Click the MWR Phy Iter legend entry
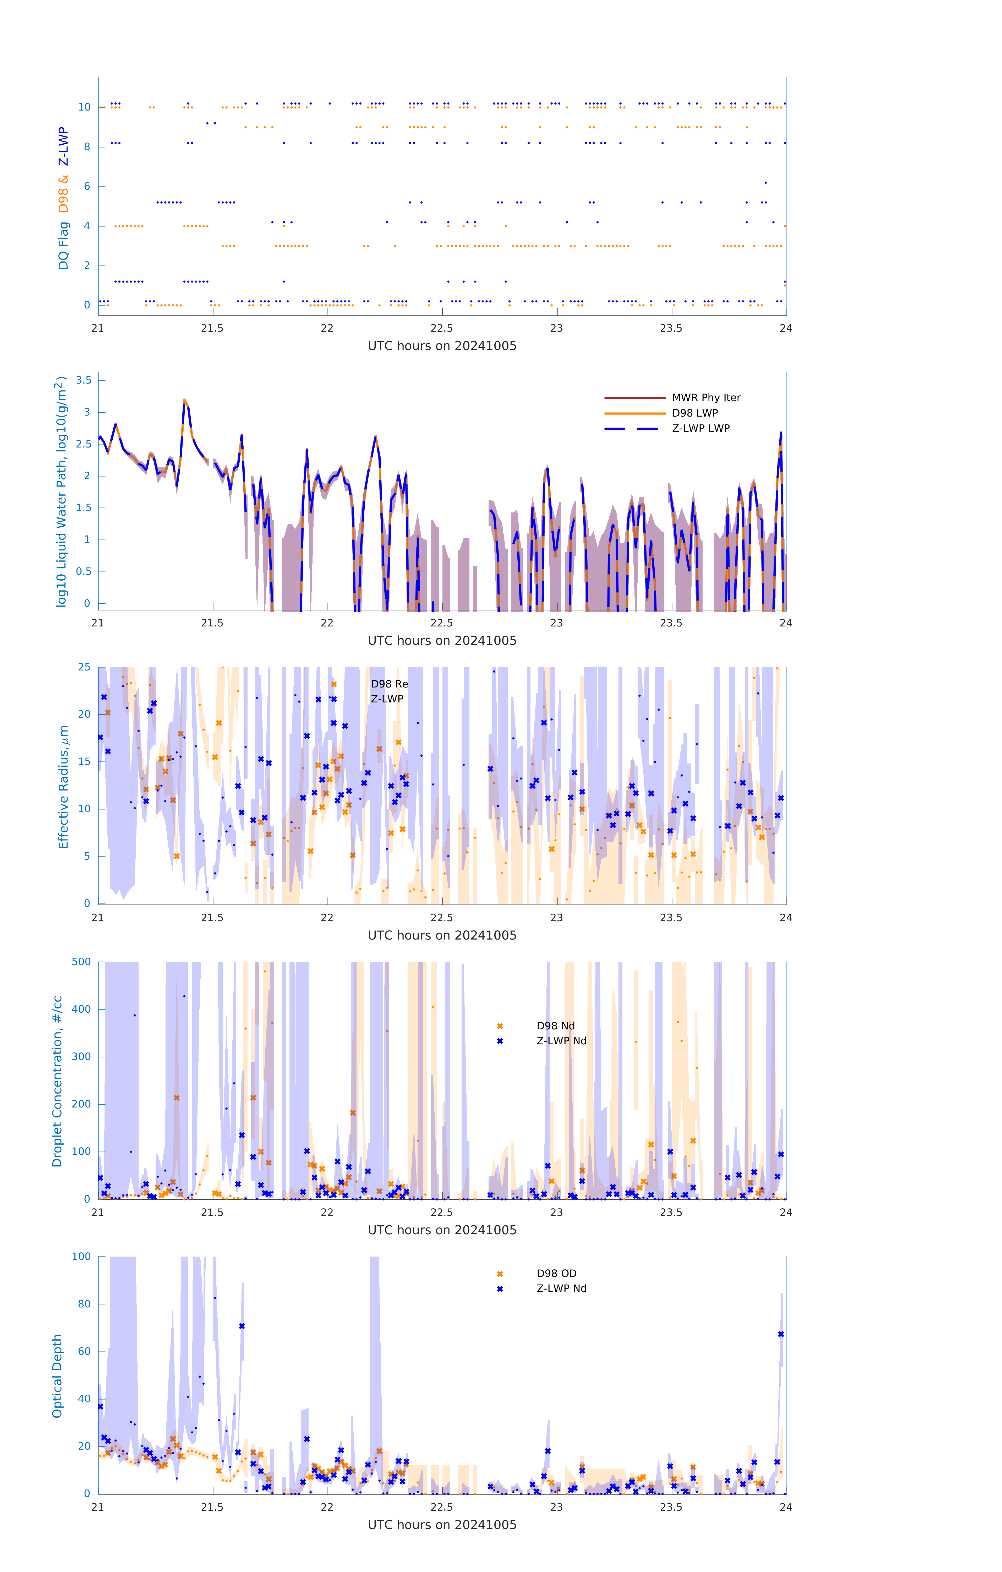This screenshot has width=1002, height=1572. [706, 397]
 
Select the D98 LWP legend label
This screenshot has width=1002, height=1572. [694, 413]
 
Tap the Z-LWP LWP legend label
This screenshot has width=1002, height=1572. [700, 428]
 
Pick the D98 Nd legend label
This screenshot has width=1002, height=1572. [556, 1025]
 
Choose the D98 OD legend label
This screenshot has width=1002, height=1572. [556, 1273]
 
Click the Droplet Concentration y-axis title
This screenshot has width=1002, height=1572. [57, 1081]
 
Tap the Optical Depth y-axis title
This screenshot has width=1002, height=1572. [57, 1375]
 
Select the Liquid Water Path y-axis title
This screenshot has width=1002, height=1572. [61, 492]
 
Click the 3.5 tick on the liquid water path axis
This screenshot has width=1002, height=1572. [84, 380]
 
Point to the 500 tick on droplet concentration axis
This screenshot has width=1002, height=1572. [81, 962]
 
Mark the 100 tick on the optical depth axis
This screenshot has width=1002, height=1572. [81, 1256]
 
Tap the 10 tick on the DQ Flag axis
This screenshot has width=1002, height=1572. [84, 107]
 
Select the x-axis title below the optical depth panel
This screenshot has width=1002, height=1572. [442, 1524]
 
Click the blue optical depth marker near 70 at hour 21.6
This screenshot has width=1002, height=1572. [242, 1326]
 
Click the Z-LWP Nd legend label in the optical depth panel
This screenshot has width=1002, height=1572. [561, 1288]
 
